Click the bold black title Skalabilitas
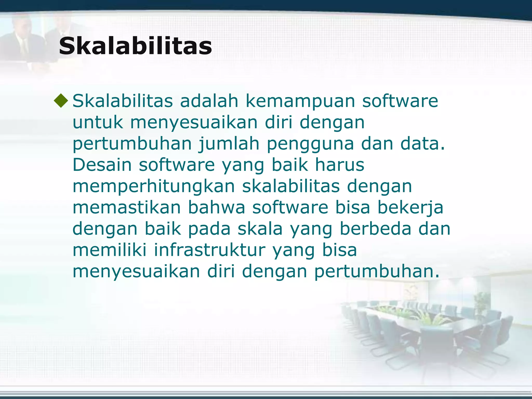click(135, 46)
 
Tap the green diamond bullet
click(61, 101)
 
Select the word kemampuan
click(300, 101)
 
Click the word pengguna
click(310, 144)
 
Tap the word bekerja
click(410, 208)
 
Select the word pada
click(209, 229)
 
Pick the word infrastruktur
click(210, 250)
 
